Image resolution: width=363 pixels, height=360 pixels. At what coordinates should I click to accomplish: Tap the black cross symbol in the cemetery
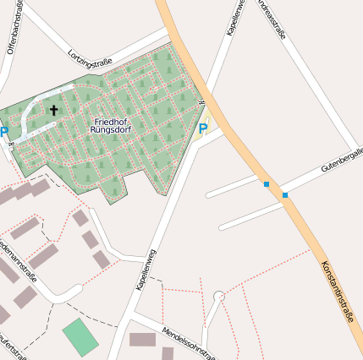[x=54, y=110]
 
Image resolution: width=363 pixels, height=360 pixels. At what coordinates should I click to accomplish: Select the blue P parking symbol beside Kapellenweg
[x=202, y=128]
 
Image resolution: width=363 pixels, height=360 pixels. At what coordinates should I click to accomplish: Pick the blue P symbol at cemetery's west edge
[x=4, y=132]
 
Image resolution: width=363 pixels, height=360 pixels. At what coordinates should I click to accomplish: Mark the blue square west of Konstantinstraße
[x=267, y=184]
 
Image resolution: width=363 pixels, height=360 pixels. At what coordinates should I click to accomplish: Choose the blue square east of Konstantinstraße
[x=285, y=195]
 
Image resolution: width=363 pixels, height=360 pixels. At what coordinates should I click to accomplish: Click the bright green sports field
[x=80, y=336]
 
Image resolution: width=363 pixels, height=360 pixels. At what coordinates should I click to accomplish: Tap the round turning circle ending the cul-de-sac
[x=219, y=297]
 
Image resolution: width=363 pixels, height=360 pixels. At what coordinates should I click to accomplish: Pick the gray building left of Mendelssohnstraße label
[x=142, y=340]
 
